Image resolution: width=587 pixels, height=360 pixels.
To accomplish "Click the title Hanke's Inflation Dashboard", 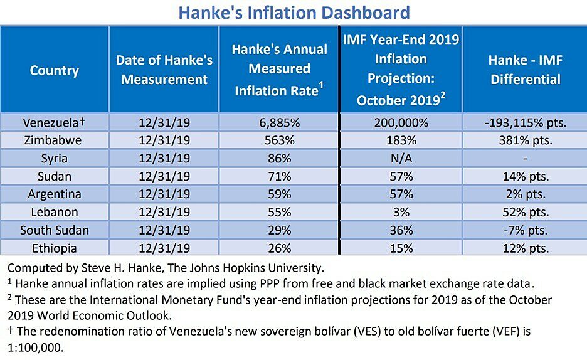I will [x=293, y=12].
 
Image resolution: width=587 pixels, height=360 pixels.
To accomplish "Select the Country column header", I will [x=54, y=70].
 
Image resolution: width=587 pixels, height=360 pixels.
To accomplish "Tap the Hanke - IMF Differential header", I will [x=525, y=70].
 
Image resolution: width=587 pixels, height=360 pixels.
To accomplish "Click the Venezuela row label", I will [x=54, y=122].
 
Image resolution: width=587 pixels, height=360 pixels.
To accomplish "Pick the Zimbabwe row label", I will [x=54, y=140].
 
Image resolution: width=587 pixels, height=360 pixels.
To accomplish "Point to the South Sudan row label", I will [x=54, y=230].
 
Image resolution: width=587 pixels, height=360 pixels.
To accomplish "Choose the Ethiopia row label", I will [x=54, y=248].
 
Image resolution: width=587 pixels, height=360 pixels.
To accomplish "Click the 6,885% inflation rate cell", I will [x=279, y=122].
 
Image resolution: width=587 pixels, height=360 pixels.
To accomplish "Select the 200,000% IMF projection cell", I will [x=401, y=122].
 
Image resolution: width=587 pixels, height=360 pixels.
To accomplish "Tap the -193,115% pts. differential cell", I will [x=525, y=122].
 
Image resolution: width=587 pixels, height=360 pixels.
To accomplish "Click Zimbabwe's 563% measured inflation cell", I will [x=279, y=140].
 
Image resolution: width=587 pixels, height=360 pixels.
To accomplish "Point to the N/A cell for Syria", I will [x=401, y=158].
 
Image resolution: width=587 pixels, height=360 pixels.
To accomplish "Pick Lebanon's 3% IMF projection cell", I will [x=401, y=212].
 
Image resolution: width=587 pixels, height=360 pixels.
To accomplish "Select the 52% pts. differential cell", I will [x=525, y=212].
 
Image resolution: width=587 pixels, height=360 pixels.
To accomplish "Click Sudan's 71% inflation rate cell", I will [x=279, y=176].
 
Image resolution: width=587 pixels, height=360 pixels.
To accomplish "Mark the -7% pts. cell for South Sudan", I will [x=525, y=230].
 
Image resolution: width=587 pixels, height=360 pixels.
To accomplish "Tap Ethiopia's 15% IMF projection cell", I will [x=401, y=248].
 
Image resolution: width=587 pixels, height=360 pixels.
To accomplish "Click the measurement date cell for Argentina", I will [x=164, y=194].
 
